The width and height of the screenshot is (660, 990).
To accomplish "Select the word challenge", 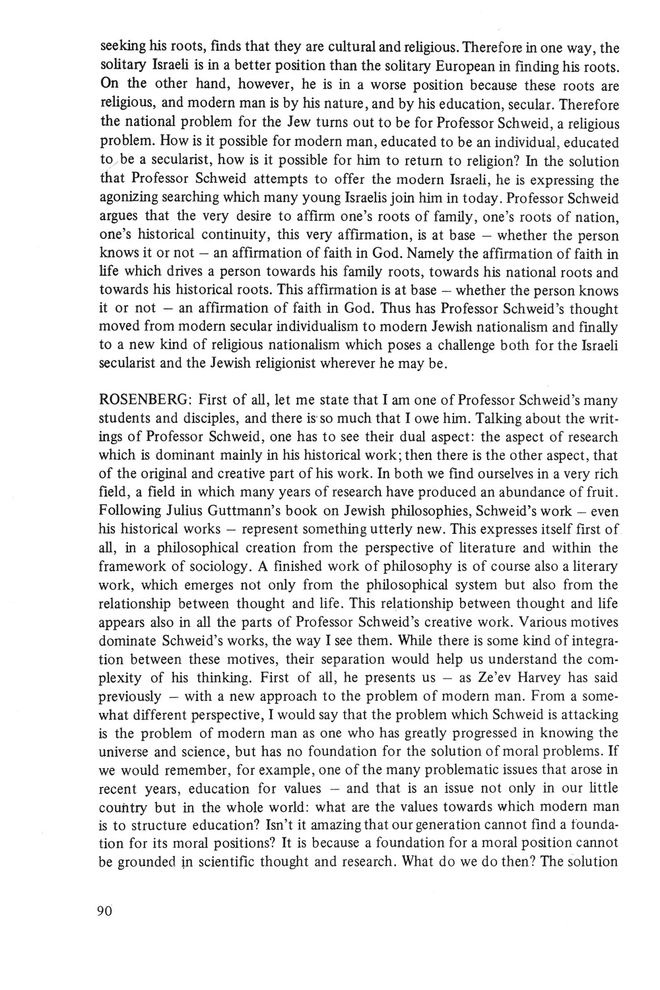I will (424, 345).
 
